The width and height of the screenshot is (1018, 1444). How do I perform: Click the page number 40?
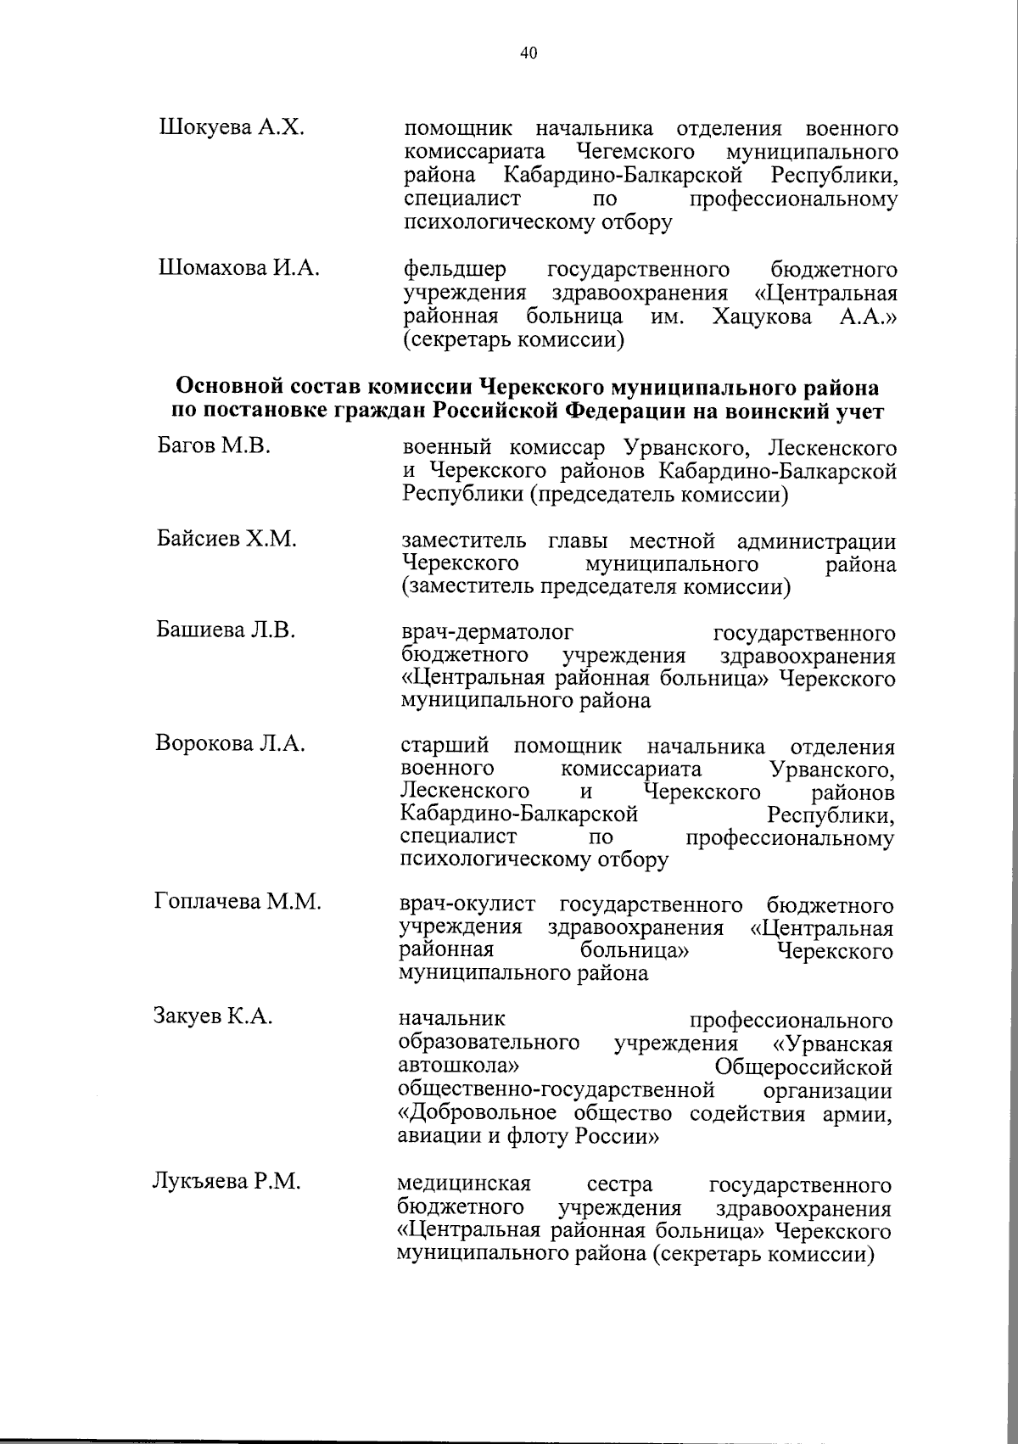pos(527,53)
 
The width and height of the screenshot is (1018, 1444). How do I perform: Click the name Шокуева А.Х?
pos(231,128)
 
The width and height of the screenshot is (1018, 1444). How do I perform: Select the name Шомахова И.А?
pos(239,269)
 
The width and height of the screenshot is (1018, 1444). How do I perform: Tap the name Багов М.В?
pos(214,445)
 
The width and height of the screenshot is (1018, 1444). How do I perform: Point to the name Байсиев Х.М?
pos(227,539)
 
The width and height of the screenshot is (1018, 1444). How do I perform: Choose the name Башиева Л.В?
pos(226,630)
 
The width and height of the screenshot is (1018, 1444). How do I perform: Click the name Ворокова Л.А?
pos(230,744)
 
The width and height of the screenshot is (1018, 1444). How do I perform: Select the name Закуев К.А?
pos(213,1016)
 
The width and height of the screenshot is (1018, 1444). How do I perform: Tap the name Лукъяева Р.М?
pos(227,1181)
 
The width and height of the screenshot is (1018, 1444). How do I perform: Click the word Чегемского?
pos(635,153)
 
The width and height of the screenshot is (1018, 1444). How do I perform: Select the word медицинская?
pos(464,1184)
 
